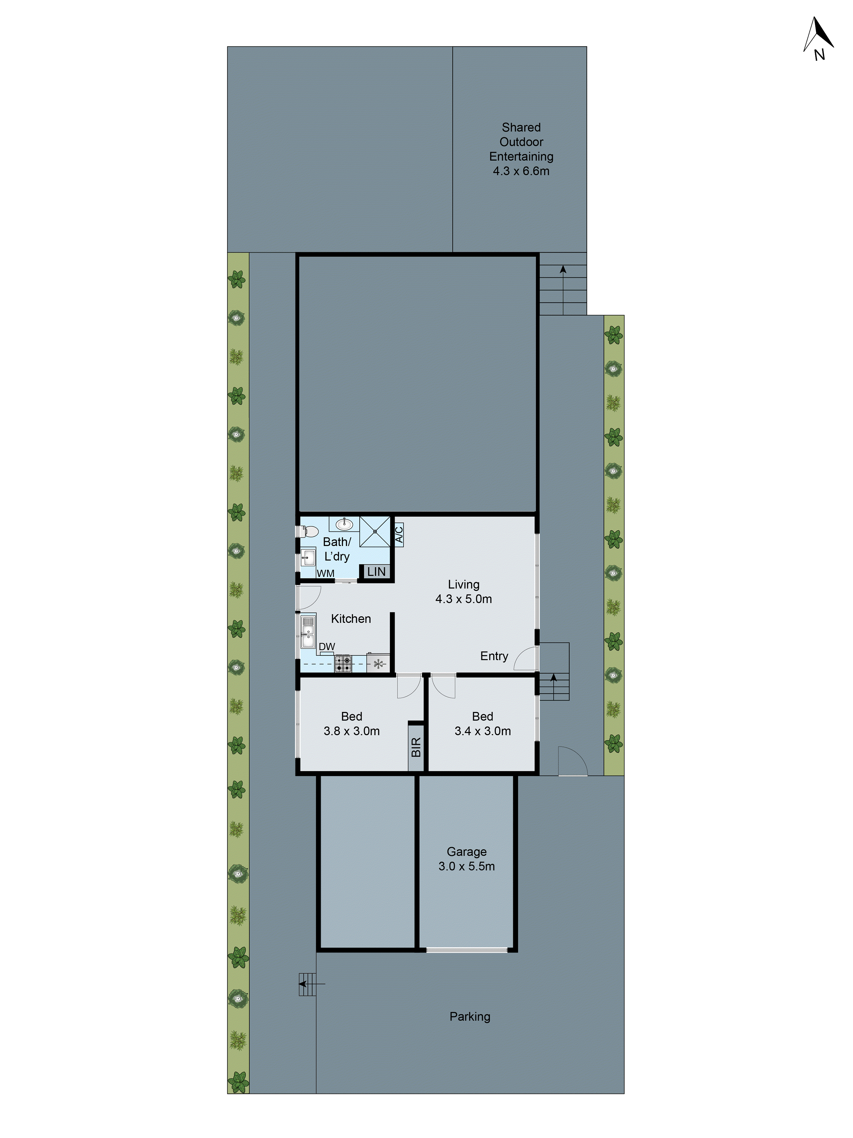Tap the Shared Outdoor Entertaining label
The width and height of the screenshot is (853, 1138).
[x=521, y=149]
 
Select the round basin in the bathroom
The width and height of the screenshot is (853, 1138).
[x=344, y=524]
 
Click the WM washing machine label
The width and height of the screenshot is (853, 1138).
[x=326, y=573]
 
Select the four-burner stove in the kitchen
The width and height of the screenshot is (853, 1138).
[x=343, y=664]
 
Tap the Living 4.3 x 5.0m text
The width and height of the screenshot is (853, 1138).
[x=463, y=592]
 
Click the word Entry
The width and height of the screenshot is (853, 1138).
[x=494, y=656]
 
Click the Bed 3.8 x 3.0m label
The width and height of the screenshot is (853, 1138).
[x=352, y=723]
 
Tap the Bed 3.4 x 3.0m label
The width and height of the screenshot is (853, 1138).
[x=482, y=723]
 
